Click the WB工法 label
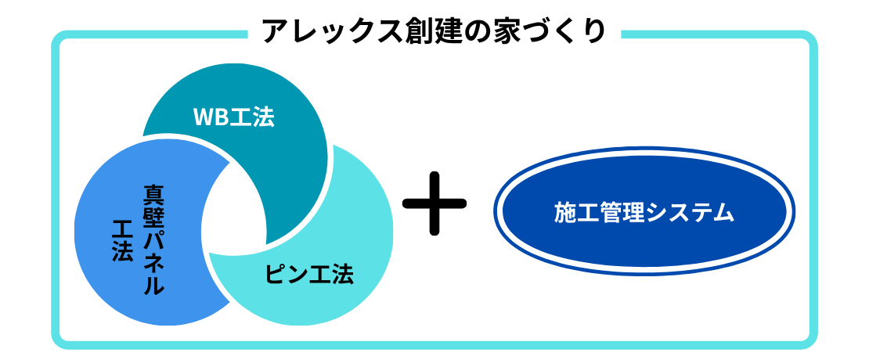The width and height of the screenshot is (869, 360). point(233,117)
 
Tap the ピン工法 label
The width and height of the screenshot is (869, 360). point(309,275)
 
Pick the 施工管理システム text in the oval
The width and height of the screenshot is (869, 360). point(644,213)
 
